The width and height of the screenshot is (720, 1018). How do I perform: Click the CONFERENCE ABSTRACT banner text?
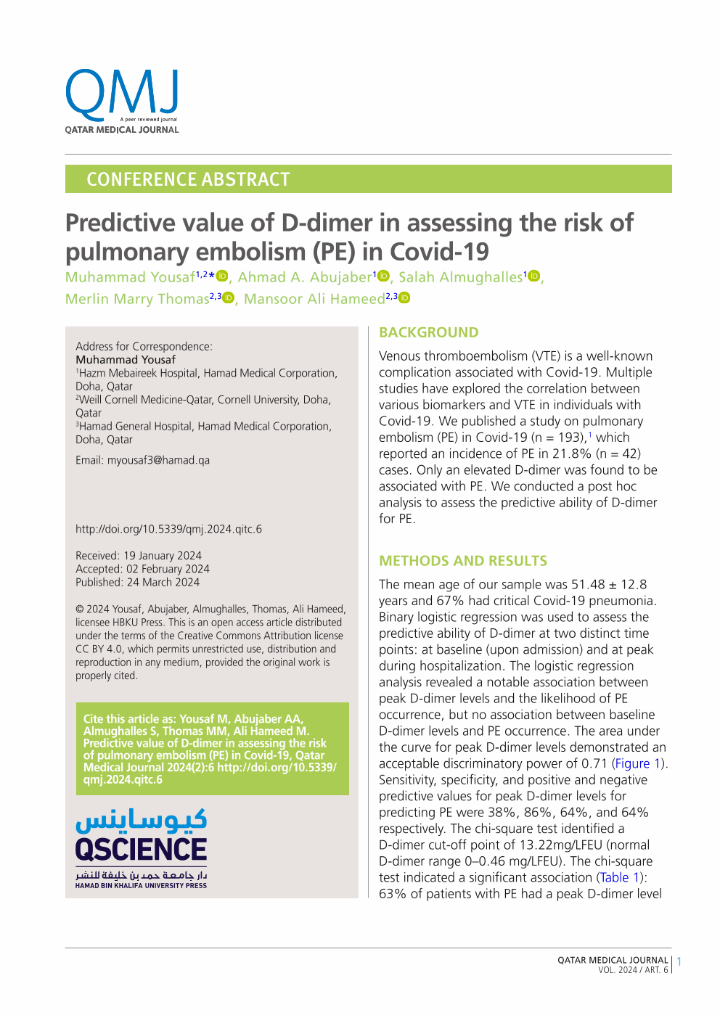click(188, 179)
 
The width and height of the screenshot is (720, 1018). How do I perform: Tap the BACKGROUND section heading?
click(428, 332)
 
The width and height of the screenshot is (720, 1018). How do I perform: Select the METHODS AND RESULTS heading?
click(463, 561)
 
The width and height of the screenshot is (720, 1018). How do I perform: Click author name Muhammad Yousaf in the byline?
click(130, 277)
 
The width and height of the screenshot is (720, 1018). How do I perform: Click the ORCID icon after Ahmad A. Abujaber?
click(384, 276)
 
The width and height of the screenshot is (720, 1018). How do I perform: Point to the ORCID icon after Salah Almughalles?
click(535, 276)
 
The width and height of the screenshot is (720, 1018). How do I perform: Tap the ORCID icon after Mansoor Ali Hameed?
click(405, 297)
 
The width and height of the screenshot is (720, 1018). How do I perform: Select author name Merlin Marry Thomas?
click(137, 299)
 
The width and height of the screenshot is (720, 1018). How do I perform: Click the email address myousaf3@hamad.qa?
click(158, 460)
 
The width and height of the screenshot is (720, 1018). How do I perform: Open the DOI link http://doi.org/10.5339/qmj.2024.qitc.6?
click(168, 529)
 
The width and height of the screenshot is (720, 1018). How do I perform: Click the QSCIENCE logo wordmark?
click(141, 849)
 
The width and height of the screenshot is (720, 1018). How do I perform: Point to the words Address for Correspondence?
click(144, 346)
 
